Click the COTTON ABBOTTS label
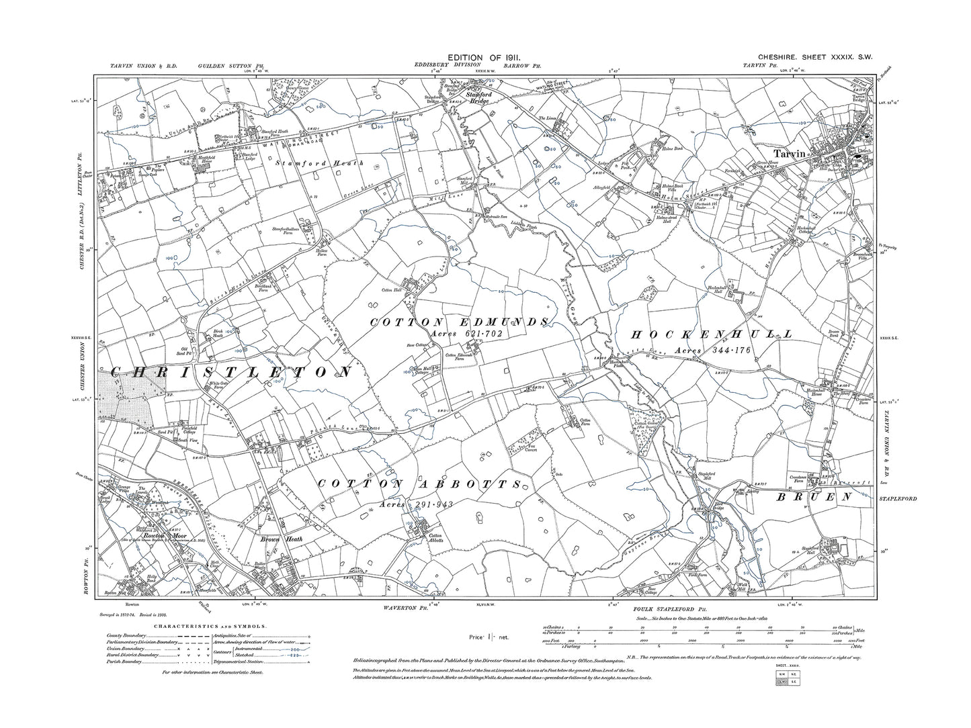pyautogui.click(x=420, y=484)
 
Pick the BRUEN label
pyautogui.click(x=815, y=498)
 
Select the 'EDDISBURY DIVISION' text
pyautogui.click(x=442, y=66)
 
